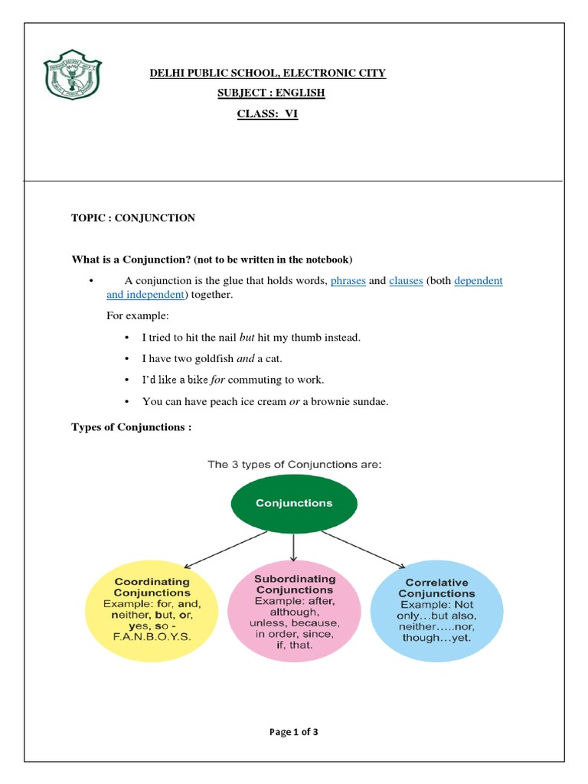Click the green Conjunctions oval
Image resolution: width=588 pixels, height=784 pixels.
pos(294,503)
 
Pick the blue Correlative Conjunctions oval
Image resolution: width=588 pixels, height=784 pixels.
pos(436,609)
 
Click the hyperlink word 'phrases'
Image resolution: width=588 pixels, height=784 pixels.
pos(348,281)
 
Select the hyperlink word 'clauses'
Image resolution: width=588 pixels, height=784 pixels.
pos(406,281)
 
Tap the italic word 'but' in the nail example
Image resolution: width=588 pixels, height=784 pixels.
pos(247,337)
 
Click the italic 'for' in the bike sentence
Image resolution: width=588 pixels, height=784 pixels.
pos(218,380)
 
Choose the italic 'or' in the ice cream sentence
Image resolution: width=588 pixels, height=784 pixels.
pos(293,401)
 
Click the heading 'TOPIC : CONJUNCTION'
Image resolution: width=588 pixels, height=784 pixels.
pos(133,218)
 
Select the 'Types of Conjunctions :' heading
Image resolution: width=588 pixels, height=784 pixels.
pos(131,427)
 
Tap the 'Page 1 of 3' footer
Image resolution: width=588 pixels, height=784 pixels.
pos(294,732)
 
